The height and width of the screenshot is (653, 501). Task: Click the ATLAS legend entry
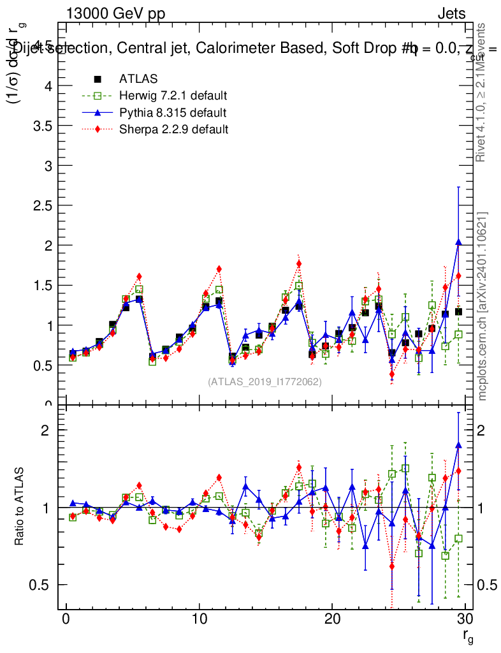[138, 79]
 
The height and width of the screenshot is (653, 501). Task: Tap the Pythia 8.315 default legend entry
[172, 113]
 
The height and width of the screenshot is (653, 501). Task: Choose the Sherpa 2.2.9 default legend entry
[173, 129]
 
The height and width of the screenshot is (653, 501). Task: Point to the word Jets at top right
[451, 14]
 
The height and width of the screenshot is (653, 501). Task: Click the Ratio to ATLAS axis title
[20, 508]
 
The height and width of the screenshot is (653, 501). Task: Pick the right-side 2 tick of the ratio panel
[486, 430]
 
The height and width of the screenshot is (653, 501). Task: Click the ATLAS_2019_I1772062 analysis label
[265, 381]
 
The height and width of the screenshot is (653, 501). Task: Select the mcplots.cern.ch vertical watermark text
[483, 306]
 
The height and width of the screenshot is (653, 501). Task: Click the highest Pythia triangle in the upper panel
[458, 242]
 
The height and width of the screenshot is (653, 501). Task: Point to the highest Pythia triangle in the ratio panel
[458, 445]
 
